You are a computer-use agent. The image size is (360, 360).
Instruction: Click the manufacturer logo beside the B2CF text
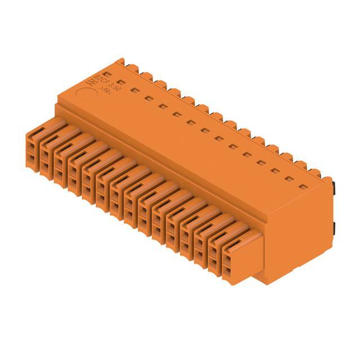tap(89, 82)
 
